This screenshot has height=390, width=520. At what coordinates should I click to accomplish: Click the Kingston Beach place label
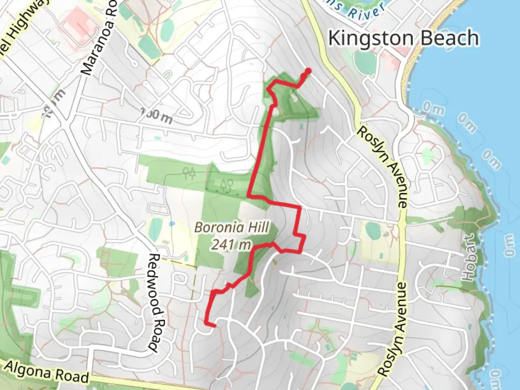pyautogui.click(x=403, y=38)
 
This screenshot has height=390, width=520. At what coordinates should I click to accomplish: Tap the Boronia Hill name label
pyautogui.click(x=231, y=227)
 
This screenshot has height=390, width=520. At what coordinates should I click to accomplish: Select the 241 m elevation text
pyautogui.click(x=231, y=245)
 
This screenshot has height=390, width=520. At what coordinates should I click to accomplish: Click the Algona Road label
pyautogui.click(x=47, y=372)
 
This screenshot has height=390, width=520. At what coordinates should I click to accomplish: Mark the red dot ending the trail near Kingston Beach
pyautogui.click(x=308, y=71)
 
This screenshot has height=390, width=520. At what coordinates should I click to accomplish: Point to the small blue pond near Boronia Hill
pyautogui.click(x=172, y=224)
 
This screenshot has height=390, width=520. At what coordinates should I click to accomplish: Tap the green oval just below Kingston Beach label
pyautogui.click(x=365, y=60)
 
